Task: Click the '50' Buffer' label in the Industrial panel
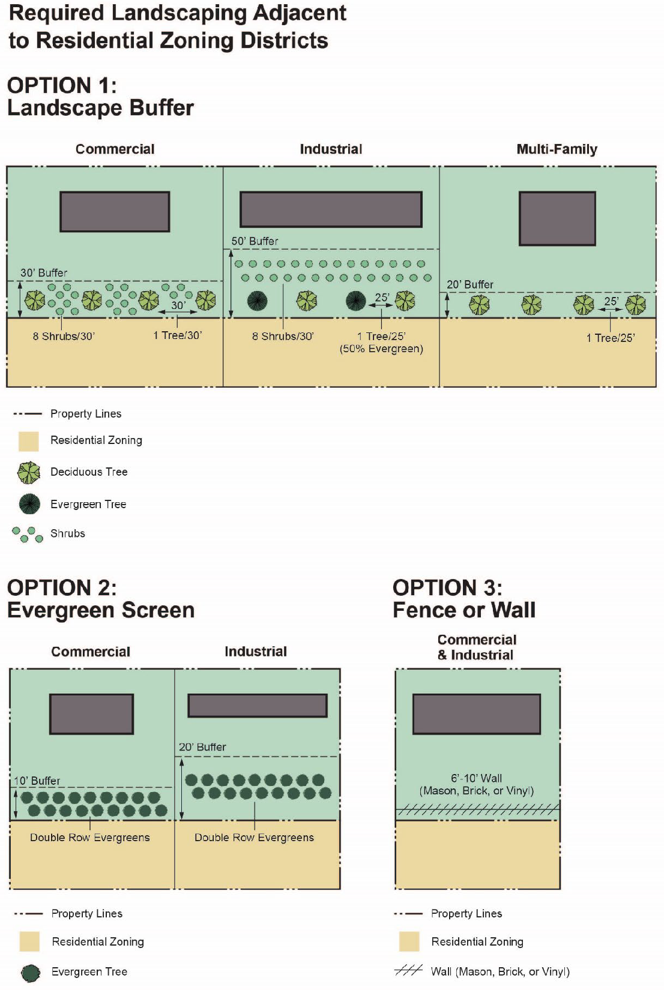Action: point(255,241)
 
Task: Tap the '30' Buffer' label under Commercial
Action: point(44,273)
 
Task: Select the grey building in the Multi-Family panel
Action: point(557,218)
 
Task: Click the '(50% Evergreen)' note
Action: point(381,349)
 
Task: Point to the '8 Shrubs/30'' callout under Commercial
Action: point(64,337)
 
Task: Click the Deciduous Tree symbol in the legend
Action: point(29,473)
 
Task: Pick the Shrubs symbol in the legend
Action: point(28,534)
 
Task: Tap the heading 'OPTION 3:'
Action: point(447,587)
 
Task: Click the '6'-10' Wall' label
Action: point(476,778)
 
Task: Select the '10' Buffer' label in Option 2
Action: point(37,781)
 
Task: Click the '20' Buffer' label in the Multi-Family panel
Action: point(470,284)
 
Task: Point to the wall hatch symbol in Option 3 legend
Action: point(408,971)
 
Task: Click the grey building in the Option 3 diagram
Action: point(477,714)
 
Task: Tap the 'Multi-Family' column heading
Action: point(557,149)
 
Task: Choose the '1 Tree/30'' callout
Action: point(177,335)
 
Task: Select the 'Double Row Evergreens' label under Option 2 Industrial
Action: point(254,838)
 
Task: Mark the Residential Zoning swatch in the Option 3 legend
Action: point(409,941)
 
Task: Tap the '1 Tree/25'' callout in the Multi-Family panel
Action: point(610,338)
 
